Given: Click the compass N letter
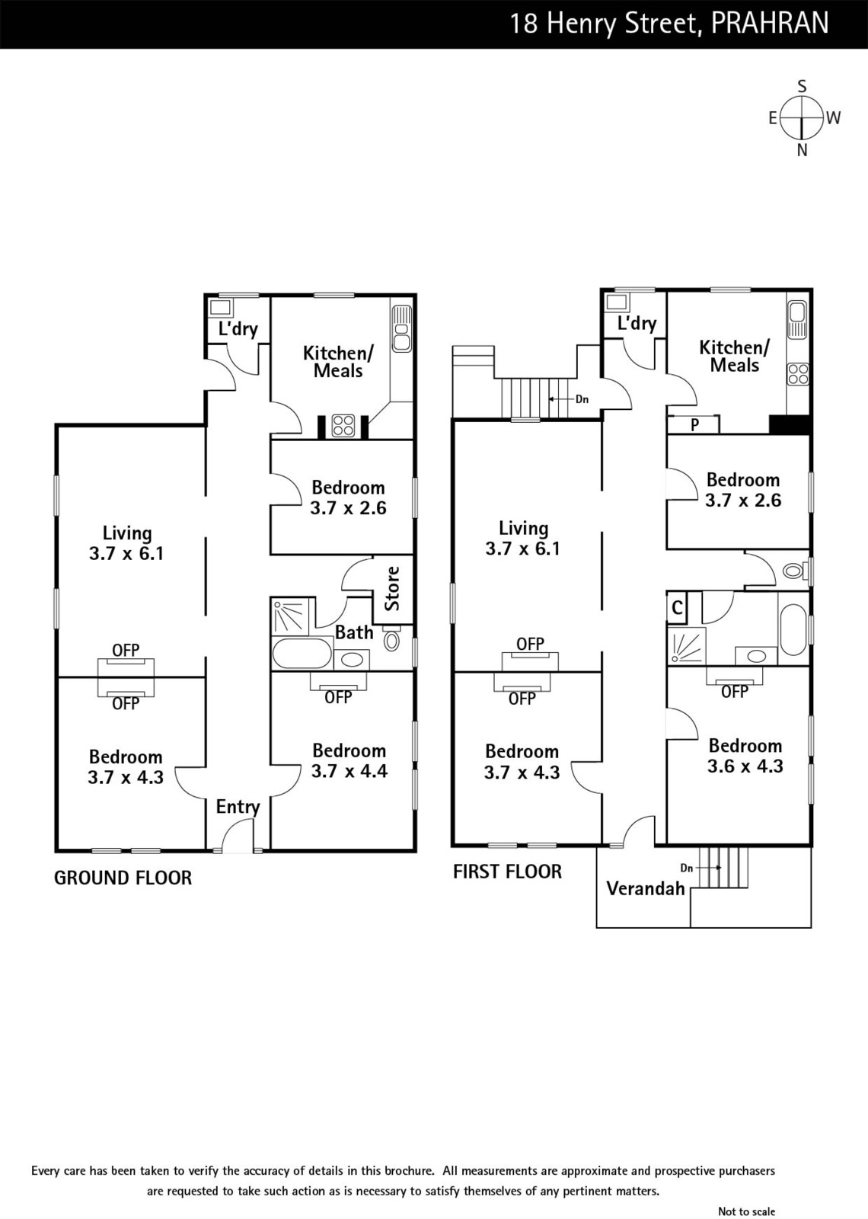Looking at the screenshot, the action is click(x=802, y=150).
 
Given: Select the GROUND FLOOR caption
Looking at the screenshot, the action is click(x=123, y=878).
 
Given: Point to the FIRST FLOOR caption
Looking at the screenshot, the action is click(x=507, y=872).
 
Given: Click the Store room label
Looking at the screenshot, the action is click(x=392, y=589).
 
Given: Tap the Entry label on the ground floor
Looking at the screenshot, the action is click(x=238, y=807).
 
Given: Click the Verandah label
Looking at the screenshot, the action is click(x=646, y=888).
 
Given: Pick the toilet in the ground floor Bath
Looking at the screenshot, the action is click(x=391, y=638).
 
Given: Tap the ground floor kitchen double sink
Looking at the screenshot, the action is click(x=401, y=328).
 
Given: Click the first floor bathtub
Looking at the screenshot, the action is click(x=793, y=629).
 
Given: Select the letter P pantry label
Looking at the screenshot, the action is click(x=694, y=425).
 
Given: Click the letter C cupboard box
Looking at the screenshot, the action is click(x=677, y=607).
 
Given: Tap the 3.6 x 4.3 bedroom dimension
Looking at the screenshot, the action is click(x=745, y=766).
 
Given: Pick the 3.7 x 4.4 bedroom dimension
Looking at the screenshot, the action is click(x=349, y=771).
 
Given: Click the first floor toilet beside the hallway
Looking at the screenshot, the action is click(x=796, y=571).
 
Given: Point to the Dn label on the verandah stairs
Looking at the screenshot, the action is click(x=686, y=868).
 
